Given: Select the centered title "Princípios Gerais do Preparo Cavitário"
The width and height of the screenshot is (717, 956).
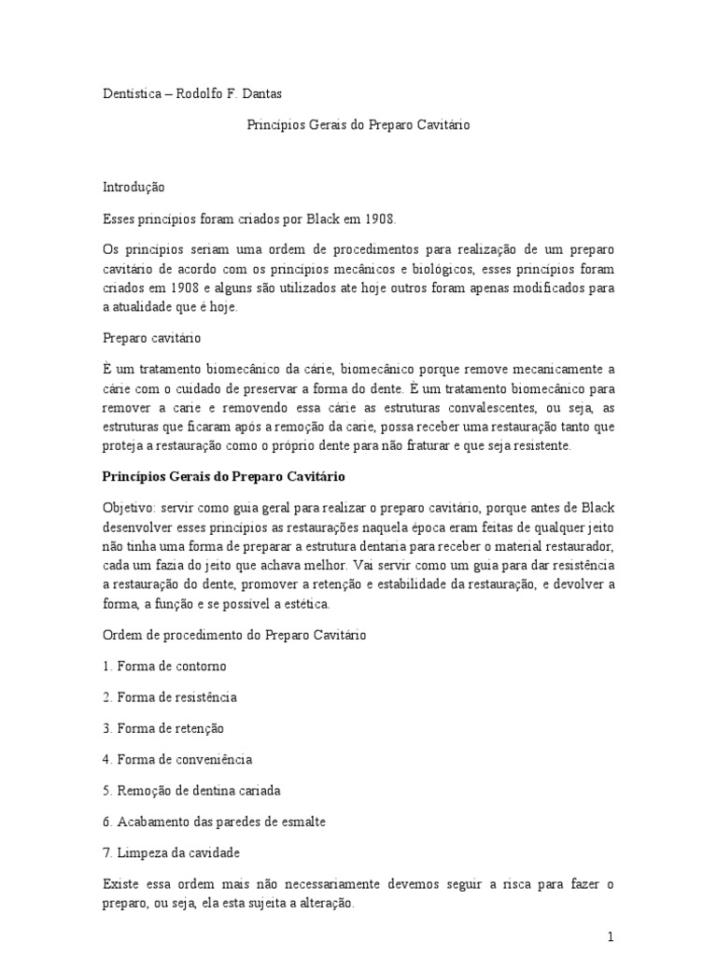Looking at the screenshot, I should pyautogui.click(x=358, y=122).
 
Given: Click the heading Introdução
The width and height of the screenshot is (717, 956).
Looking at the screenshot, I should pyautogui.click(x=133, y=187).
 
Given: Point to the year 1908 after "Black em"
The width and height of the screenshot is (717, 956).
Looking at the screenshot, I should pyautogui.click(x=380, y=219).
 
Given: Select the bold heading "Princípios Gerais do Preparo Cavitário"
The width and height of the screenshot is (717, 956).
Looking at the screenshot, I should pyautogui.click(x=223, y=476).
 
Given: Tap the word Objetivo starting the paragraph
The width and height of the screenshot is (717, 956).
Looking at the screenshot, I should pyautogui.click(x=128, y=507).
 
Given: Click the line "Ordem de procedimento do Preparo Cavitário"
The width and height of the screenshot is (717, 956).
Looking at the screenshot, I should pyautogui.click(x=233, y=636).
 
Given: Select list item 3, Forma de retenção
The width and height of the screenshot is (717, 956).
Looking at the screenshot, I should pyautogui.click(x=163, y=728).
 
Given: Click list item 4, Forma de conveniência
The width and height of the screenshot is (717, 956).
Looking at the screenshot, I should pyautogui.click(x=177, y=759).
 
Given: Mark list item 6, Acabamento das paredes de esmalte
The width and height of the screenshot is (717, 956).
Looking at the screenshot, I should pyautogui.click(x=214, y=822).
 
